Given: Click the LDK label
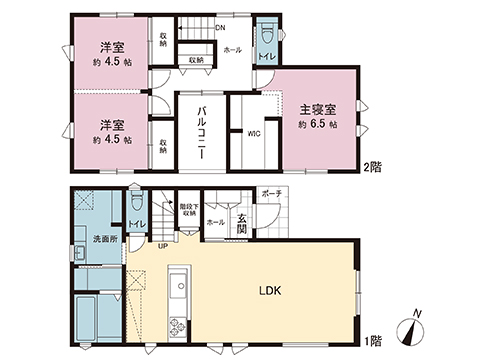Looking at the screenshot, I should [272, 292].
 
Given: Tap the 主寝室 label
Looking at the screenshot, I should [315, 108].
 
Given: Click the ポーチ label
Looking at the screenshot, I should [270, 192].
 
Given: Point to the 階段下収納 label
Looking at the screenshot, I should [187, 209].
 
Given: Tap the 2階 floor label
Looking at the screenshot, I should [375, 167].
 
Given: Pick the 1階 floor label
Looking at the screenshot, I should [375, 340].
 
